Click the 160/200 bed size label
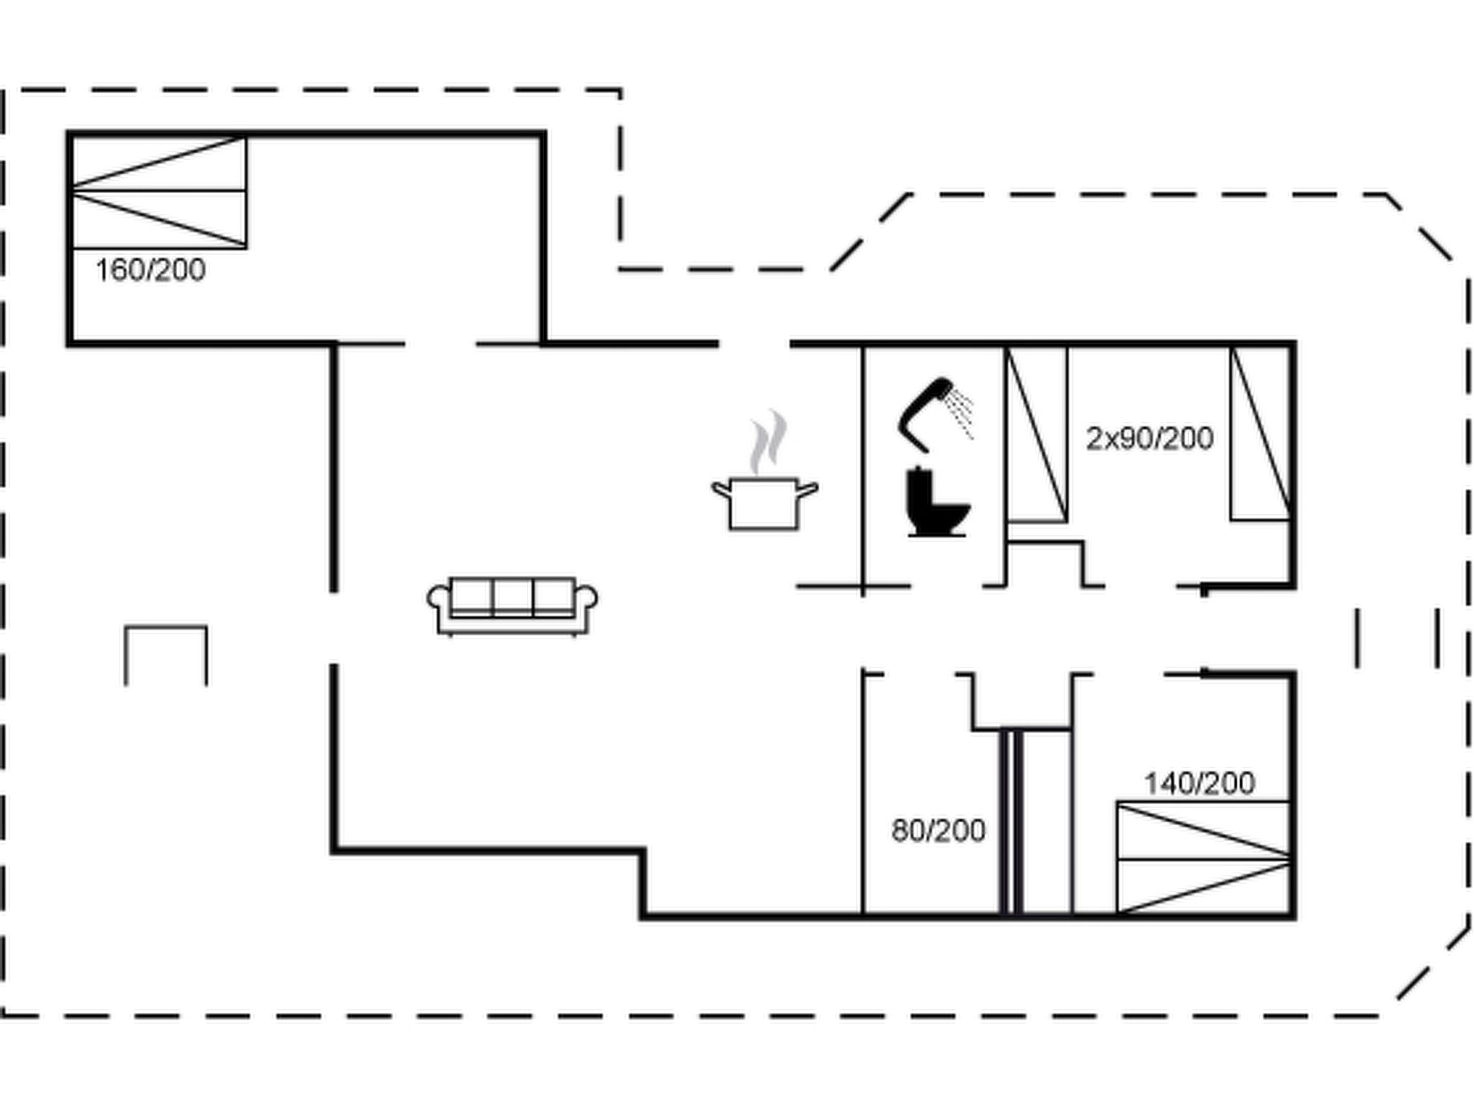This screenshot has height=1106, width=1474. [150, 270]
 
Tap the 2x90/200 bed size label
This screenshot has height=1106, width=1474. [1149, 438]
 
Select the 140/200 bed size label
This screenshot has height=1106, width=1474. [1200, 783]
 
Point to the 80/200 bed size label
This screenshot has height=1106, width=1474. [938, 831]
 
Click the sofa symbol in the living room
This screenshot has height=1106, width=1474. [512, 606]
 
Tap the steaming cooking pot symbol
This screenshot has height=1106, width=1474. [764, 502]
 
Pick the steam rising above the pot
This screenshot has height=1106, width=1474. [767, 441]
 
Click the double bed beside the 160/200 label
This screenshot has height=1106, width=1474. [159, 192]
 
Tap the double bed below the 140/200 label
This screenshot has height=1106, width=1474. [1203, 858]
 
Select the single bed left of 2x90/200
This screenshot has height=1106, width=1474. [1036, 433]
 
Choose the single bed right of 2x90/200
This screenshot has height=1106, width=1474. [1260, 433]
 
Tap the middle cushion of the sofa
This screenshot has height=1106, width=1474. [512, 596]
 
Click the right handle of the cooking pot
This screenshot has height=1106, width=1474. [809, 490]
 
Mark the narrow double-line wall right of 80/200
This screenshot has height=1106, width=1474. [1011, 822]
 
